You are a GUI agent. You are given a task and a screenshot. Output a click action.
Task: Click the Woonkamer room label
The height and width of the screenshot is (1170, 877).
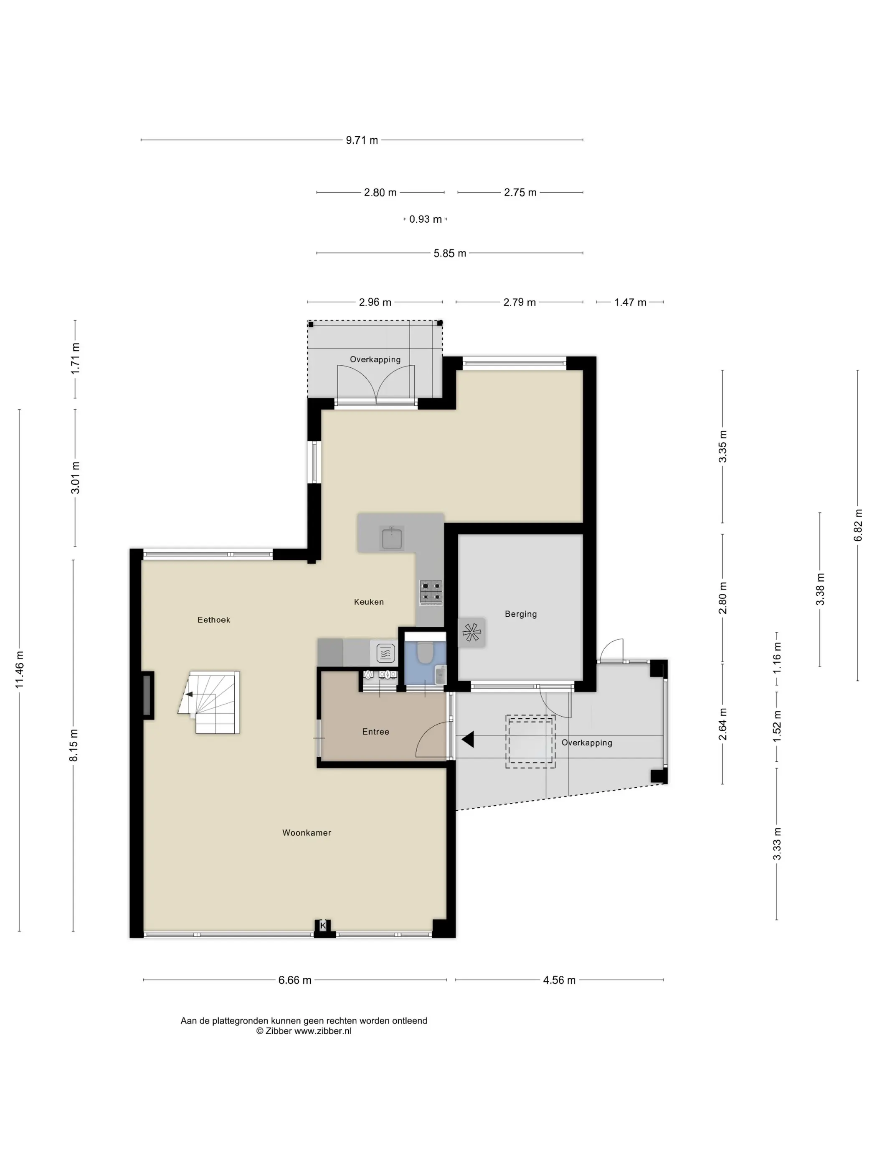click(x=307, y=832)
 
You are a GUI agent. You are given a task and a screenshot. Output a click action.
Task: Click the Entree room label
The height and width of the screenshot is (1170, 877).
click(x=376, y=732)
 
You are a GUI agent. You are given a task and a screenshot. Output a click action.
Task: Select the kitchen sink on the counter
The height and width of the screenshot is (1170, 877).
click(x=392, y=539)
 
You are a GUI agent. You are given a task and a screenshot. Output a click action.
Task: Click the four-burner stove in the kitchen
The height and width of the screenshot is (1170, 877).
click(x=431, y=593)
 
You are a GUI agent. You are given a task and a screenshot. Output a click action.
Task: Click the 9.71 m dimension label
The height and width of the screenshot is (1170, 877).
click(x=362, y=140)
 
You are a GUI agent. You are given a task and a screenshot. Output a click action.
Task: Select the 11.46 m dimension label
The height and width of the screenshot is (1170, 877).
click(x=20, y=670)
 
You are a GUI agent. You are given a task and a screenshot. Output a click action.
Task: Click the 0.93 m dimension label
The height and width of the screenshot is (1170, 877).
click(x=426, y=219)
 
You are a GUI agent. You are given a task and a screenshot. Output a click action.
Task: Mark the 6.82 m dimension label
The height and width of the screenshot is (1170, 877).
click(x=858, y=525)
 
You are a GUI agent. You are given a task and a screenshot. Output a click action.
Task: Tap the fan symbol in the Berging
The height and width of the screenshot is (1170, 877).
click(x=471, y=632)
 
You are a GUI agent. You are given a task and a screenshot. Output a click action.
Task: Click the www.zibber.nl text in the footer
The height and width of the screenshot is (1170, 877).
click(x=323, y=1031)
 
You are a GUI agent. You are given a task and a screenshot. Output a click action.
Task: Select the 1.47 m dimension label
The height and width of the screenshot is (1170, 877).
click(x=630, y=303)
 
